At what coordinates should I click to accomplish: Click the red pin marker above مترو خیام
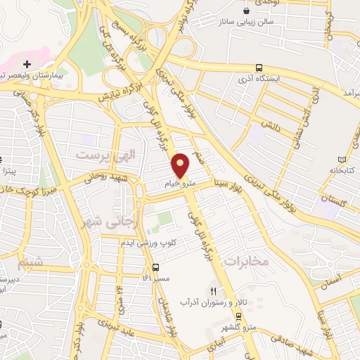tap(181, 165)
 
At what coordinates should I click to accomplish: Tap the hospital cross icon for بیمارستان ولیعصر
tap(27, 64)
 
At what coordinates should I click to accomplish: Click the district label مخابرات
tap(247, 261)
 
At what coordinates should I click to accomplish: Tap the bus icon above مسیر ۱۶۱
tap(155, 267)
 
